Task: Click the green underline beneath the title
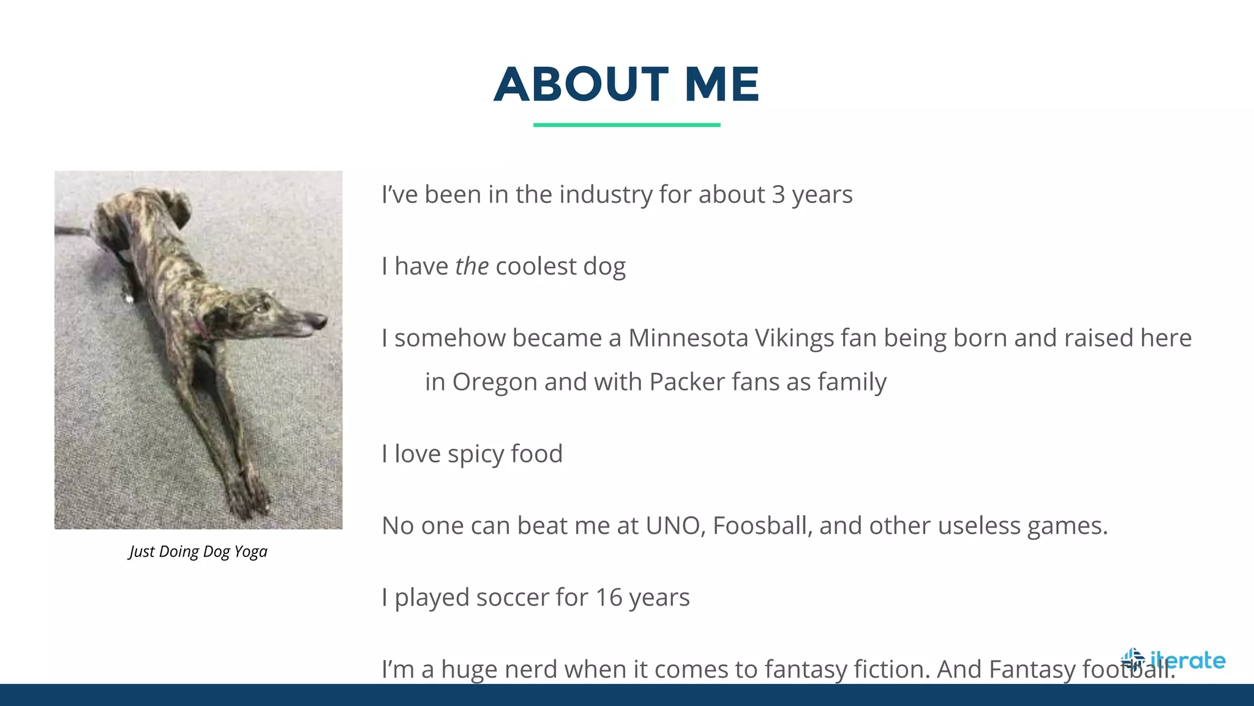pos(626,125)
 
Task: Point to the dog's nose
pos(321,320)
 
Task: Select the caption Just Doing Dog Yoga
pos(198,552)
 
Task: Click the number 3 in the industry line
pos(778,195)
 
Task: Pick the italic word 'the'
pos(471,267)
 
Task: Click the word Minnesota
pos(688,338)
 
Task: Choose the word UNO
pos(675,526)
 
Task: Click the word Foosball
pos(762,526)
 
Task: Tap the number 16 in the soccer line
pos(609,598)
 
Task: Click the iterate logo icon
pos(1133,660)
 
